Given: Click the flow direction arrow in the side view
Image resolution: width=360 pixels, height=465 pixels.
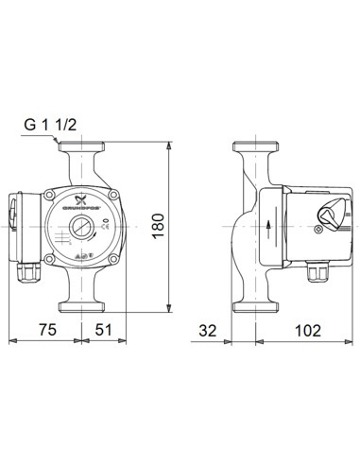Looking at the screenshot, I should [267, 227].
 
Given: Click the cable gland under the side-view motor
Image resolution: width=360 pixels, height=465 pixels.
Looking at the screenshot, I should [317, 273].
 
